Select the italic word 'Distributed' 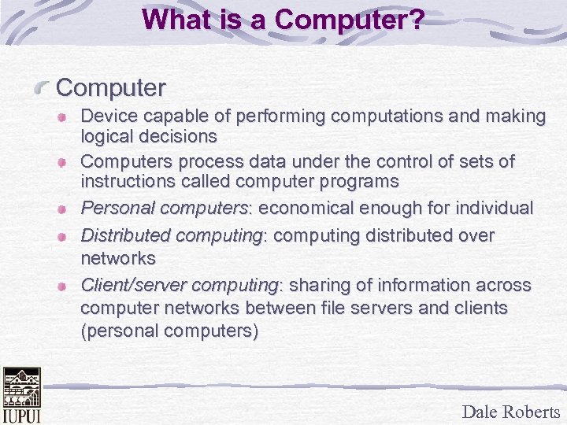126,235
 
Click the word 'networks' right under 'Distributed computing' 118,257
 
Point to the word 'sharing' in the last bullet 321,284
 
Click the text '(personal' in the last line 115,331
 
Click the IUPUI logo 20,396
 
